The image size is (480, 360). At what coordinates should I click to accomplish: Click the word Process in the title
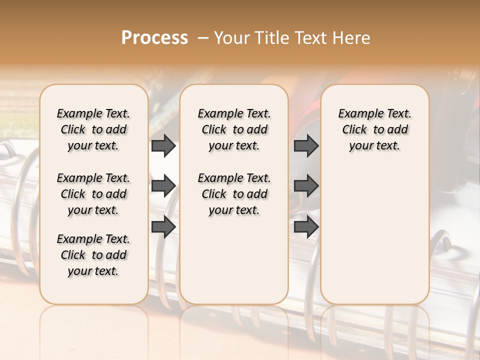[154, 38]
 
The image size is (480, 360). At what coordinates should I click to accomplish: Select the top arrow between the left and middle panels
[163, 146]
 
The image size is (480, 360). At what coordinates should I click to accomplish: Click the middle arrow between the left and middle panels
[163, 186]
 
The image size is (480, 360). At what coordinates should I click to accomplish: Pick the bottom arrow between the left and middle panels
[163, 226]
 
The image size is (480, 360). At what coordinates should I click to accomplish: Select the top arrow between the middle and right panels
[306, 146]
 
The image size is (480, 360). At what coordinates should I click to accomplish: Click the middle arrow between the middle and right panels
[306, 186]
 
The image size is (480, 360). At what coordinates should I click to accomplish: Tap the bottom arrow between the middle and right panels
[306, 226]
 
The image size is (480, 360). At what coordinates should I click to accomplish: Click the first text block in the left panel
[93, 129]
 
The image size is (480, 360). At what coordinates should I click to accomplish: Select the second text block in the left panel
[93, 194]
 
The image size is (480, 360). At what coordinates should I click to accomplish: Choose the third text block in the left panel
[93, 255]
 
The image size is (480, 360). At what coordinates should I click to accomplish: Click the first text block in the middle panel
[234, 129]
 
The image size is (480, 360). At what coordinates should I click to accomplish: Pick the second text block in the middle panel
[234, 194]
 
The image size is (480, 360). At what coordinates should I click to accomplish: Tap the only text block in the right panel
[375, 129]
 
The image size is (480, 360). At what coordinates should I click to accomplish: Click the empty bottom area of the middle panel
[234, 265]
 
